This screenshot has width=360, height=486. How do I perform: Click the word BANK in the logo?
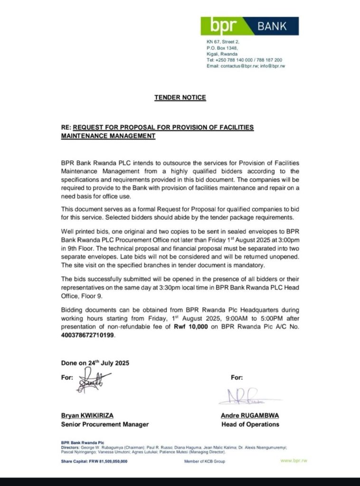click(272, 26)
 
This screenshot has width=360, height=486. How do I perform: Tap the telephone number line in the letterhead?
click(244, 60)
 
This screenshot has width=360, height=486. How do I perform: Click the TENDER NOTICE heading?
click(180, 98)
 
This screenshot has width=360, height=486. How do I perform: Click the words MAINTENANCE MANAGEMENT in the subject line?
click(108, 136)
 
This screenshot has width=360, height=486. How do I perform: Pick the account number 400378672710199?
click(88, 335)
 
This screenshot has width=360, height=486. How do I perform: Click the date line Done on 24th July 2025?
click(95, 363)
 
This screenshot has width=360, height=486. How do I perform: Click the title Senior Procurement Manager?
click(104, 424)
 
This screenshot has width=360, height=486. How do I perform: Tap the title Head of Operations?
click(250, 424)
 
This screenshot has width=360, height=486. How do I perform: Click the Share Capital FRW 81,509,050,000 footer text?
click(94, 461)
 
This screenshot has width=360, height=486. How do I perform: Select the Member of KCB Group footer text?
click(205, 461)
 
